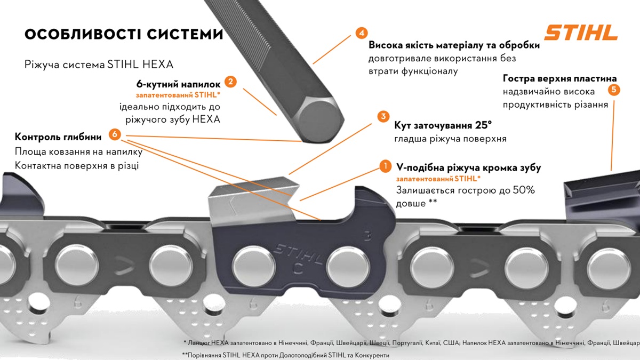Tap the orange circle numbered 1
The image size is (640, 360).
[385, 166]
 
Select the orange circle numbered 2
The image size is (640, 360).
[230, 82]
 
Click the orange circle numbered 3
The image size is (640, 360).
[382, 117]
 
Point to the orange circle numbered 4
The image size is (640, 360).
[361, 33]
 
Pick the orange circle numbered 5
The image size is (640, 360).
[614, 90]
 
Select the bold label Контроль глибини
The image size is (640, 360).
[59, 137]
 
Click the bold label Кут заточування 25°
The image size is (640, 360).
[443, 125]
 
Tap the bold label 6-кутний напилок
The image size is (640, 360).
[178, 84]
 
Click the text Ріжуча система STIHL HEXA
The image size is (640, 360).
[99, 65]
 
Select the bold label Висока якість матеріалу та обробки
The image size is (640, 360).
[454, 45]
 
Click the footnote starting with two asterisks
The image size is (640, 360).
[285, 355]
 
